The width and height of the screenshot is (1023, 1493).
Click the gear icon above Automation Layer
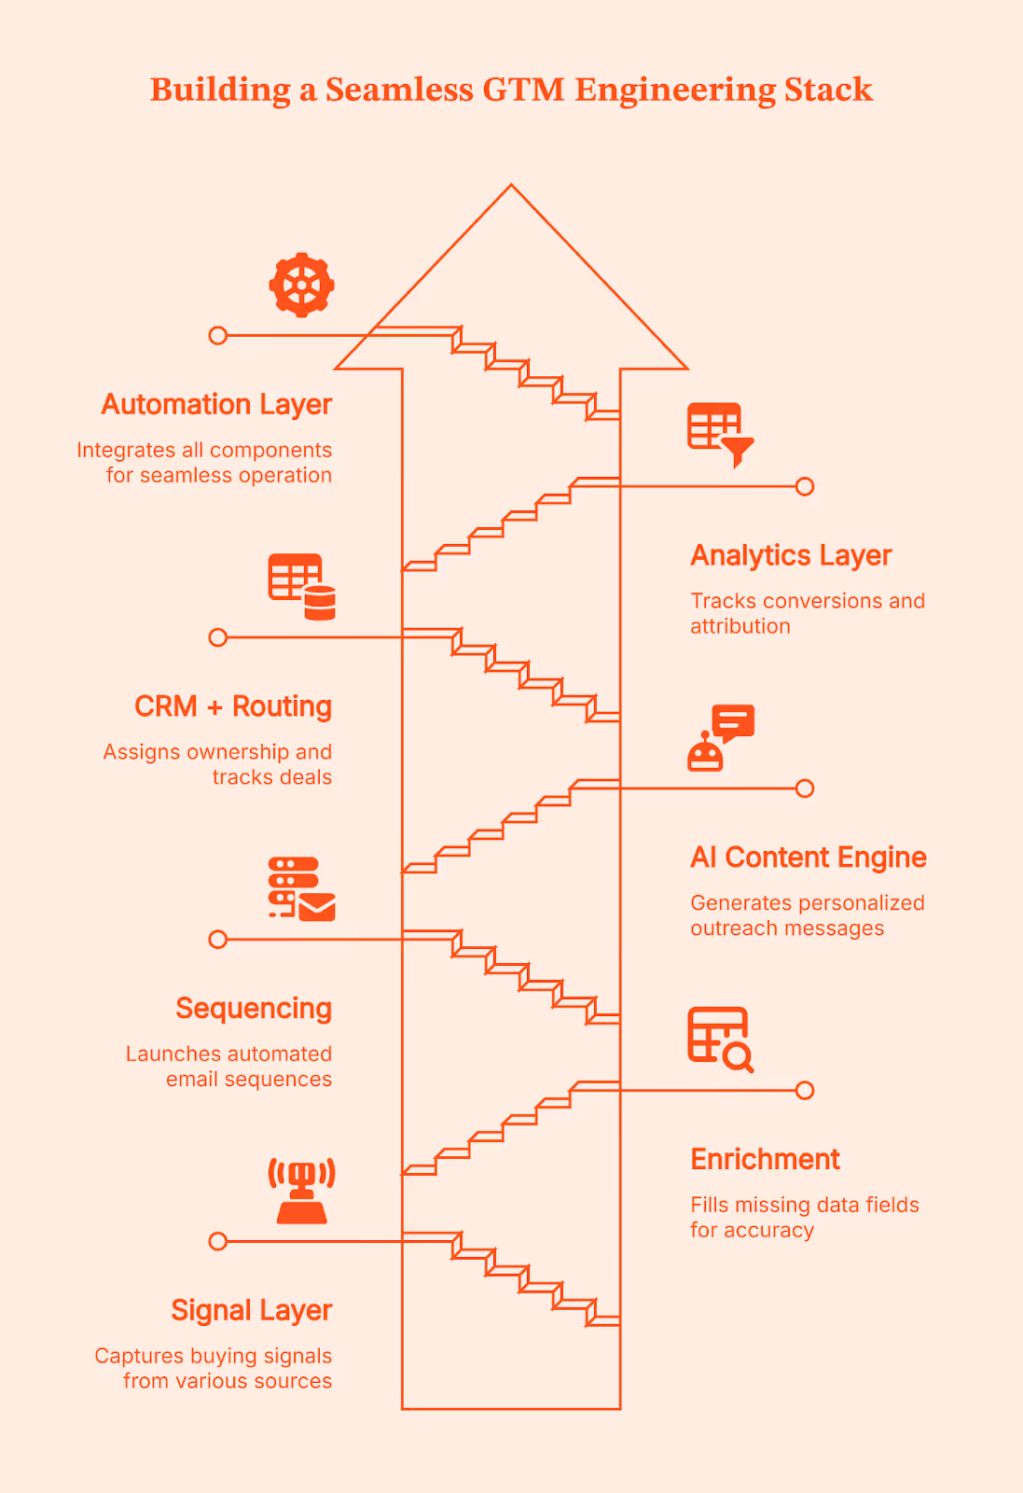[301, 285]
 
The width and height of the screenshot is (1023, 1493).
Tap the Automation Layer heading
[216, 404]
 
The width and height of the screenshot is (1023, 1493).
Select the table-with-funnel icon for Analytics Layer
[720, 434]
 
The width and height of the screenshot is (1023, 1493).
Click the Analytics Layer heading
[791, 555]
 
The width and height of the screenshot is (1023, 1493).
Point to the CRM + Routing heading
[233, 706]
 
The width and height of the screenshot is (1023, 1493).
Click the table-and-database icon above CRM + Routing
[301, 587]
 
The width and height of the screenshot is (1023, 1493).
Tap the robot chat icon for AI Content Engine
[721, 737]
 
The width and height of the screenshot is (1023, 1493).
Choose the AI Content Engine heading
[809, 858]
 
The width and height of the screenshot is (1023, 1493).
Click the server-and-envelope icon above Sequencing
[301, 888]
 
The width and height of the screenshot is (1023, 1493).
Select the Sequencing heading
[254, 1009]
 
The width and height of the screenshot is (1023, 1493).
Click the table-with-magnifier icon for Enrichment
[720, 1040]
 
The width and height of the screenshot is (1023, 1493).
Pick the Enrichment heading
[765, 1159]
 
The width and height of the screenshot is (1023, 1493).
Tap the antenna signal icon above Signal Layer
[301, 1191]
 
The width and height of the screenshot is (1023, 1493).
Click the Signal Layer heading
[252, 1310]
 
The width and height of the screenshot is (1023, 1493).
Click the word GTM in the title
[523, 90]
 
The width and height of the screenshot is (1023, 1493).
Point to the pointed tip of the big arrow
[511, 187]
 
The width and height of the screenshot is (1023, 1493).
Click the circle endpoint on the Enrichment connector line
[805, 1090]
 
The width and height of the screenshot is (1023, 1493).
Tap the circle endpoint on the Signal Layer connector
[218, 1241]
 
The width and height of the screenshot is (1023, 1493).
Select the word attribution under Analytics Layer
[740, 626]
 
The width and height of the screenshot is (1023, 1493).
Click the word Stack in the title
[828, 90]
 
